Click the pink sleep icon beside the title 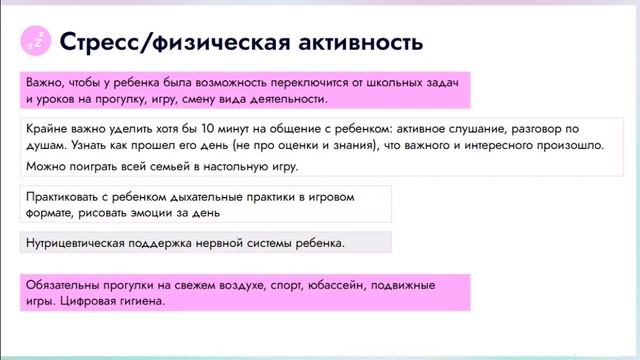[x=36, y=41]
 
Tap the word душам [x=47, y=145]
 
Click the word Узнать [x=93, y=145]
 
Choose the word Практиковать [x=66, y=197]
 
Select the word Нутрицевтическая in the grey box [x=80, y=242]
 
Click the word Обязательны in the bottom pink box [x=65, y=285]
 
